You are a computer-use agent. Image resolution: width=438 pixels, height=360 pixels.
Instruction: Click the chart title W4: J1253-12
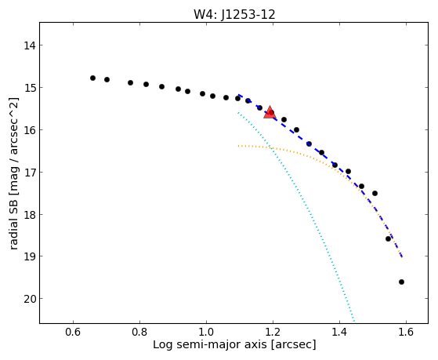[234, 14]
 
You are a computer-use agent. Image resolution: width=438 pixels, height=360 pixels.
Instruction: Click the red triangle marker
[270, 112]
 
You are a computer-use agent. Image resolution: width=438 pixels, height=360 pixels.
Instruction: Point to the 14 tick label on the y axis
[29, 45]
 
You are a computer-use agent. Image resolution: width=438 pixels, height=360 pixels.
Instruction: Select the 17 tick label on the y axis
[29, 173]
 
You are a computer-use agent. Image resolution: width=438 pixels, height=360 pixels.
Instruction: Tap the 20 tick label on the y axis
[29, 299]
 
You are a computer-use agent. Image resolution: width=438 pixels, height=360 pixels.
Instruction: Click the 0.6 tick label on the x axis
[73, 332]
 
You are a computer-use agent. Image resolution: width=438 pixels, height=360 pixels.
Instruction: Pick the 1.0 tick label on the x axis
[206, 332]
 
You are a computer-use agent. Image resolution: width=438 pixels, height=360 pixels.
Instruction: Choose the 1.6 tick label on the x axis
[406, 332]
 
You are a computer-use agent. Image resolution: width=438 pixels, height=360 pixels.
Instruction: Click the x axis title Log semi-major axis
[210, 345]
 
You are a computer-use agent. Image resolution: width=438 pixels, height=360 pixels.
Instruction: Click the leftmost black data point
[92, 78]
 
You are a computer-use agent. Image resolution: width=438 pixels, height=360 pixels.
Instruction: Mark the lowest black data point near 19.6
[401, 282]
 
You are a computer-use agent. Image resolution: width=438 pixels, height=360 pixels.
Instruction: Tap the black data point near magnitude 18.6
[388, 239]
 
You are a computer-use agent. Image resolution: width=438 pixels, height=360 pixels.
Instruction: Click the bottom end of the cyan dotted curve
[354, 322]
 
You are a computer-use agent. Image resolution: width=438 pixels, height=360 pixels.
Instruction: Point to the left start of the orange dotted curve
[238, 146]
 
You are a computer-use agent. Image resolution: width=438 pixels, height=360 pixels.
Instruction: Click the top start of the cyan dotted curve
[238, 112]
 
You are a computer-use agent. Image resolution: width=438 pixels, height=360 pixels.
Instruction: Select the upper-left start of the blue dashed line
[238, 95]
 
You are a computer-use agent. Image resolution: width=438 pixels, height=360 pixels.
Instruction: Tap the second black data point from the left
[107, 80]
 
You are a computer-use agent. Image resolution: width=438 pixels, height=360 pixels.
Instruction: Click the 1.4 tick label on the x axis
[339, 332]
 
